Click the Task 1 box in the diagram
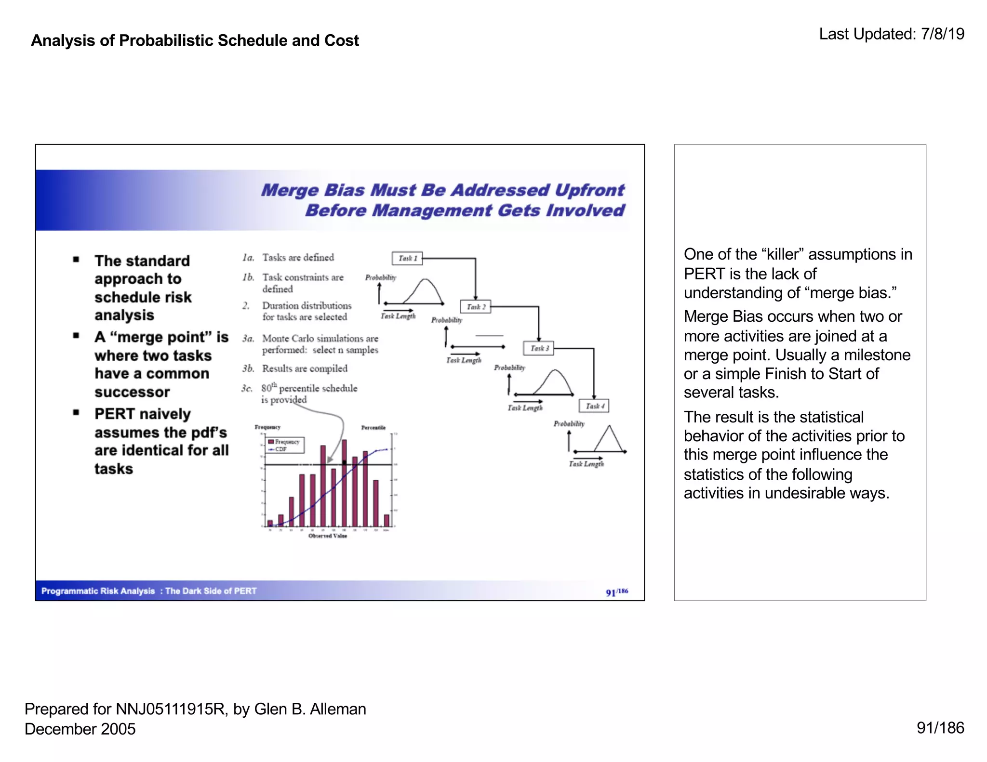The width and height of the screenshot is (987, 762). coord(407,258)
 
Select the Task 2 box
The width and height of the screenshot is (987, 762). coord(476,307)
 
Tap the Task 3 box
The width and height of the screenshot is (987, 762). coord(539,348)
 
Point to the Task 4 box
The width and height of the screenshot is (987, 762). coord(594,406)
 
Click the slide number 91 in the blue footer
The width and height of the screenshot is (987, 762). coord(611,592)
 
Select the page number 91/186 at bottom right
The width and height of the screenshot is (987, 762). coord(940,728)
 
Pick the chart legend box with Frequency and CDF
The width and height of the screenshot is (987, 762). coord(285,445)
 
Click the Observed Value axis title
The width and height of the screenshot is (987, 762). coord(328,536)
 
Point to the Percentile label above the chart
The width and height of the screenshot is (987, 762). coord(373,427)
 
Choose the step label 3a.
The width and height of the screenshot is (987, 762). coord(248,339)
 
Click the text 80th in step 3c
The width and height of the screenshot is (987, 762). coord(269,388)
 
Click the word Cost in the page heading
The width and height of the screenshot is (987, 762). coord(342,40)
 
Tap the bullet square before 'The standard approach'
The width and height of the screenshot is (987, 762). coord(76,260)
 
